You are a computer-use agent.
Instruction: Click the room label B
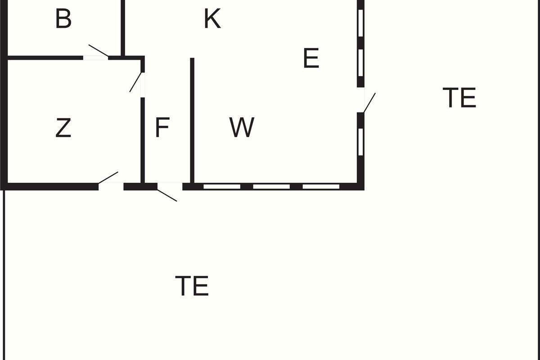63,18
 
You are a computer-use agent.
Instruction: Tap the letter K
212,18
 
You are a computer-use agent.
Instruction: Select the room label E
311,58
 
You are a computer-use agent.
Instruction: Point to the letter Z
63,127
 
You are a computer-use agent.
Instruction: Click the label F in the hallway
162,127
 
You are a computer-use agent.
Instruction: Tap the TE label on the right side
459,97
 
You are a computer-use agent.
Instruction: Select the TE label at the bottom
192,286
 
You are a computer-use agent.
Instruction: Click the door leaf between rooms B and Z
99,51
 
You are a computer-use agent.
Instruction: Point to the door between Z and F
135,82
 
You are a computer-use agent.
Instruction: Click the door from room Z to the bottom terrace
108,178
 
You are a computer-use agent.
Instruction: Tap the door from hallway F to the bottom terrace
167,196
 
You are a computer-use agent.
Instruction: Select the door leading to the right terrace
369,103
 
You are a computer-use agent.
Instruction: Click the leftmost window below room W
222,187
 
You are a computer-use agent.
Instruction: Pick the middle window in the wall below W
271,187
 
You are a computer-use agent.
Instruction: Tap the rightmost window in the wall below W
321,187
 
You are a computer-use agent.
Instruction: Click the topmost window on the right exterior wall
360,23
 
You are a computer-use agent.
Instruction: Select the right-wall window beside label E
360,63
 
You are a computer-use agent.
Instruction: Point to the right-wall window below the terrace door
360,142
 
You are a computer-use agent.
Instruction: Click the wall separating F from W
192,121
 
